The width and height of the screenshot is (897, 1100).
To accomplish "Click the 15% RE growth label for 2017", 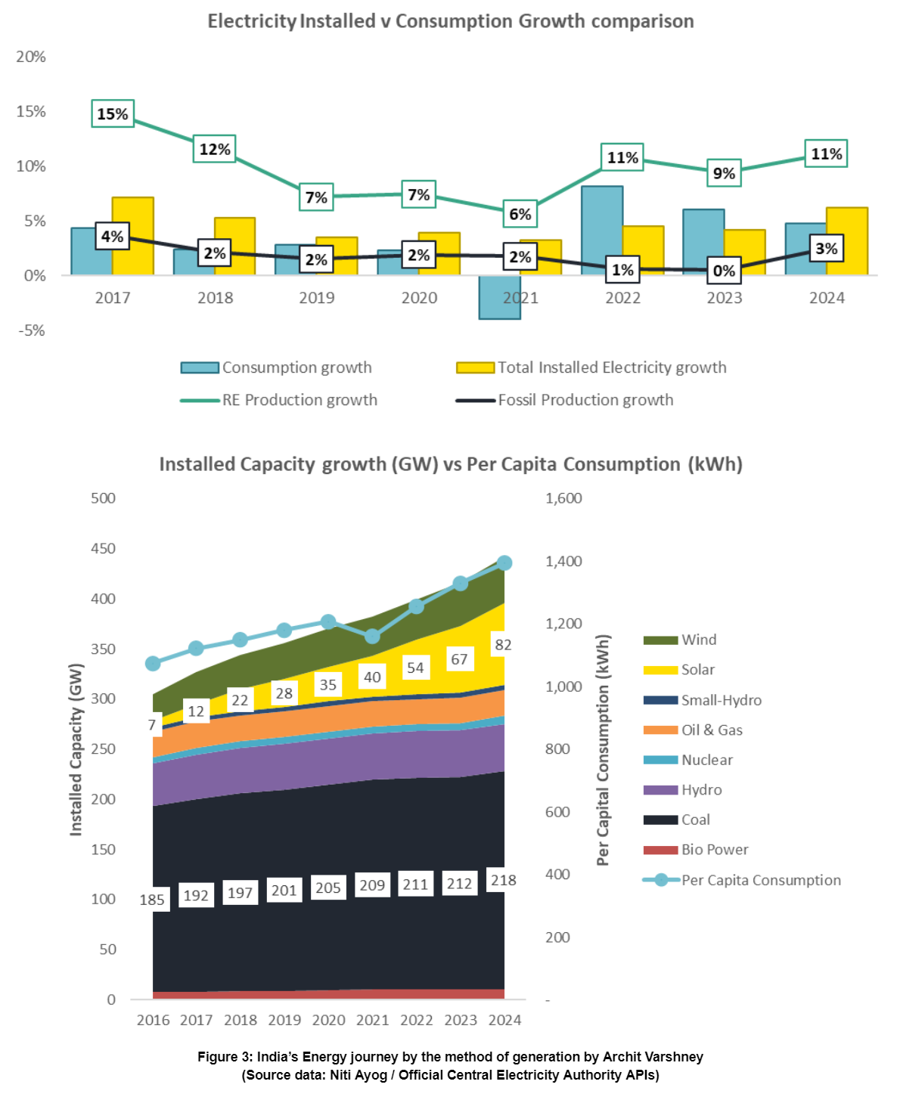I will (113, 113).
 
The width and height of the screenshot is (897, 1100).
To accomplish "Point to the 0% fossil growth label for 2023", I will (724, 271).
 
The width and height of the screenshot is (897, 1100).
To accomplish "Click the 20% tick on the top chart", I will (31, 57).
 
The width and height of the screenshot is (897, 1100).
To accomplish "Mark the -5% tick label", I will (31, 330).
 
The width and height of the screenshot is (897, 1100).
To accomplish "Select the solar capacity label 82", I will (503, 645).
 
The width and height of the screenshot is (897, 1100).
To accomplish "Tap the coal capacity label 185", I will (152, 900).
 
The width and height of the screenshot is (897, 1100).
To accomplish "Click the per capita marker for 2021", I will (372, 637).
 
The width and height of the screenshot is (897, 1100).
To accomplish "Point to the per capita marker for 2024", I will (504, 563).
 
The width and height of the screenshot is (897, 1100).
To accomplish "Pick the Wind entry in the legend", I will (698, 640).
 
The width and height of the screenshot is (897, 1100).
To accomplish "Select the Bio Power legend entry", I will (714, 850).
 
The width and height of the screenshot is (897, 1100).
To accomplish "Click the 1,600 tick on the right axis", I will (563, 498).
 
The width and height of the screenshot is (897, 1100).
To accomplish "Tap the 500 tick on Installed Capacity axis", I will (103, 498).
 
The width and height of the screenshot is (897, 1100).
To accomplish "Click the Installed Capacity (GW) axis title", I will (76, 749).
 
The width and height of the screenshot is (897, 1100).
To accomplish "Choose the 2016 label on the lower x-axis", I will (153, 1020).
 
